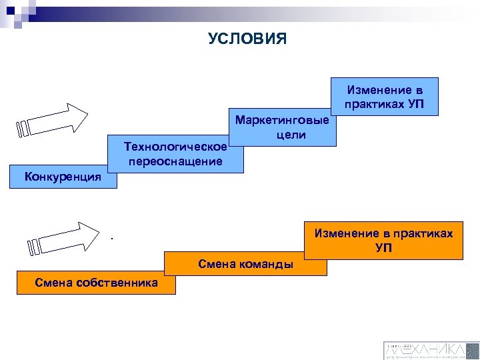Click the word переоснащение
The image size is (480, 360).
[x=176, y=161]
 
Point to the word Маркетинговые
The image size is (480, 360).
[x=282, y=121]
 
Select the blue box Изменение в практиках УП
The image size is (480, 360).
[x=384, y=97]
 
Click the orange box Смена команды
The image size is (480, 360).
[x=245, y=265]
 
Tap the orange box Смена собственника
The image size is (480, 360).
[x=97, y=283]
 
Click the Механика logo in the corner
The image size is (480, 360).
[x=431, y=349]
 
